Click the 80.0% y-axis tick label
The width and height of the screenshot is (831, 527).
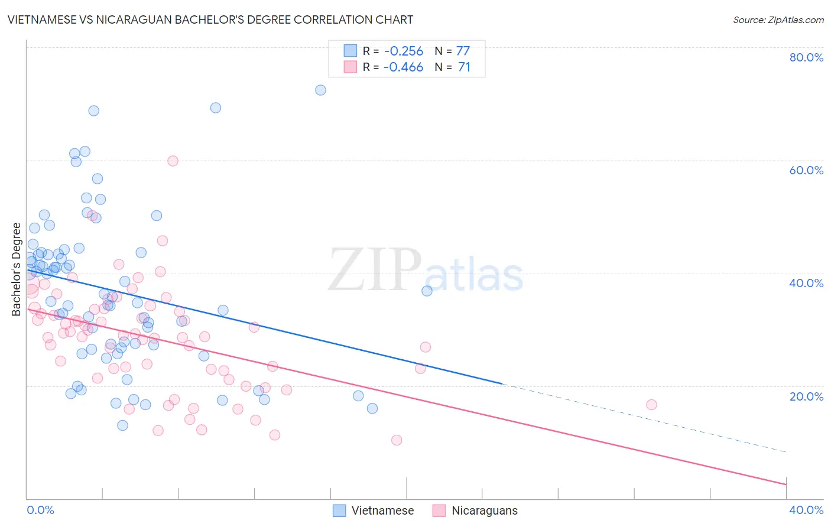point(806,57)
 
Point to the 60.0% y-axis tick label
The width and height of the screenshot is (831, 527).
point(806,170)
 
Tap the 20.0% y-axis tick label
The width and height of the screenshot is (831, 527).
point(806,396)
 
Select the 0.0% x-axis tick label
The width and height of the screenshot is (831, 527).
point(40,510)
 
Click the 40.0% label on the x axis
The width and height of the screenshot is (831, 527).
point(806,510)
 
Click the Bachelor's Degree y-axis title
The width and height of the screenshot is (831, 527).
point(17,269)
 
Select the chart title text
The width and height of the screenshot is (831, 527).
point(210,19)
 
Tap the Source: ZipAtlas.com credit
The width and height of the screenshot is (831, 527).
point(778,20)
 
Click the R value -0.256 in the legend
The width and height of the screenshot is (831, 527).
point(403,51)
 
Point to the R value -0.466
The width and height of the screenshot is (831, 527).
point(403,67)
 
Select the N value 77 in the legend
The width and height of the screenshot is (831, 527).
point(463,51)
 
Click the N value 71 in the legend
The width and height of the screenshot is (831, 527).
point(464,67)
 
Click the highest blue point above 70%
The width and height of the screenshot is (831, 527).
point(320,90)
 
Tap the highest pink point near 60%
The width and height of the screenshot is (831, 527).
point(173,161)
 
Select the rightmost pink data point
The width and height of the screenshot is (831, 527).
point(651,405)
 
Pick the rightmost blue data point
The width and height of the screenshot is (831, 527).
point(427,291)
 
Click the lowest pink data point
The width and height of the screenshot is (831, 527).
point(397,440)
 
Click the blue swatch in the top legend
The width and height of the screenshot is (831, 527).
point(350,51)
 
